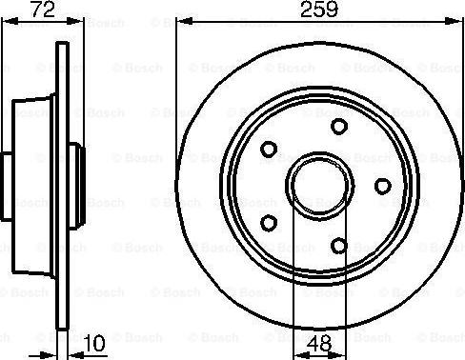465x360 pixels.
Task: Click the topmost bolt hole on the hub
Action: click(338, 126)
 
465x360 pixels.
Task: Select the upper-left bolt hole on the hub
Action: click(270, 149)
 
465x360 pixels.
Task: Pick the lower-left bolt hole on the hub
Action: click(270, 222)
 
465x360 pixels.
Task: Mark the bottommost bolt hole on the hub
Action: click(338, 245)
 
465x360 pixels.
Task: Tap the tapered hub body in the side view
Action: click(33, 185)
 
